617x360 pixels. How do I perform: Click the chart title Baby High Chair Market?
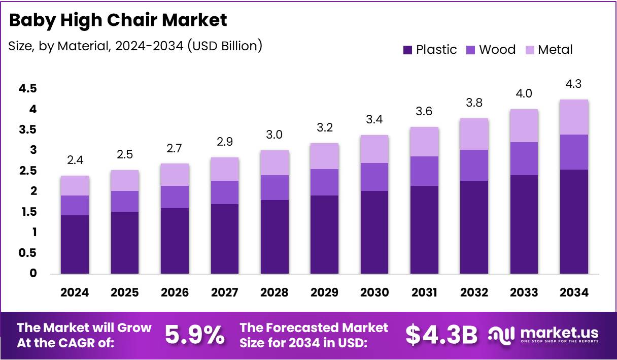tap(118, 20)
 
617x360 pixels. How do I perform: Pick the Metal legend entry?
tap(549, 50)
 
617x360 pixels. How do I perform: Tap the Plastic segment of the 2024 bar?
tap(75, 244)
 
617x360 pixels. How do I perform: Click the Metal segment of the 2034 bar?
tap(574, 117)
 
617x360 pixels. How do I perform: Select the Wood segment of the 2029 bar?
tap(324, 182)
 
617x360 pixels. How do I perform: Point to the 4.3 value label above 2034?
tap(574, 84)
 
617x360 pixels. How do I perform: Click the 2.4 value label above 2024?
tap(75, 161)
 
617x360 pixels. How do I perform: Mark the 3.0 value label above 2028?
tap(275, 135)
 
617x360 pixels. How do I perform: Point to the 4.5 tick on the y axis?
tap(27, 89)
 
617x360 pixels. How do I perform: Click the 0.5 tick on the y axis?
tap(27, 253)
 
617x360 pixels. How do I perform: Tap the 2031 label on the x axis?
tap(424, 292)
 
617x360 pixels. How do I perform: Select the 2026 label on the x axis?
tap(175, 292)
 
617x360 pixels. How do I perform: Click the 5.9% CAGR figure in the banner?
tap(195, 335)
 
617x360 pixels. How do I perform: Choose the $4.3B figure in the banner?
tap(441, 335)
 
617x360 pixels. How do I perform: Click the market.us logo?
tap(543, 335)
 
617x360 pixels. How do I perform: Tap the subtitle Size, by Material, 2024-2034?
tap(135, 46)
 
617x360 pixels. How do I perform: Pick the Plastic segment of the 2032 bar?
tap(474, 227)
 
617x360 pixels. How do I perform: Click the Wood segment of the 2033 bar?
tap(524, 158)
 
